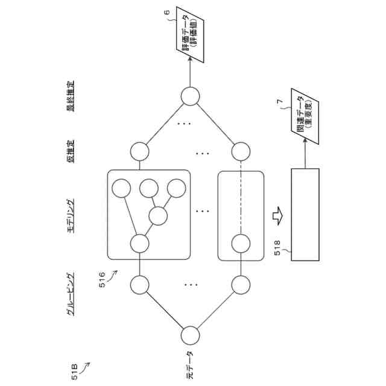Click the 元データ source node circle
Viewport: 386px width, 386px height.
[x=191, y=334]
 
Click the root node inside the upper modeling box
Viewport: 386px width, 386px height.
[x=139, y=244]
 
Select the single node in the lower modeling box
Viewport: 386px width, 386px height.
[x=241, y=244]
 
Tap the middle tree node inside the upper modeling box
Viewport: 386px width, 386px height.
[x=159, y=215]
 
